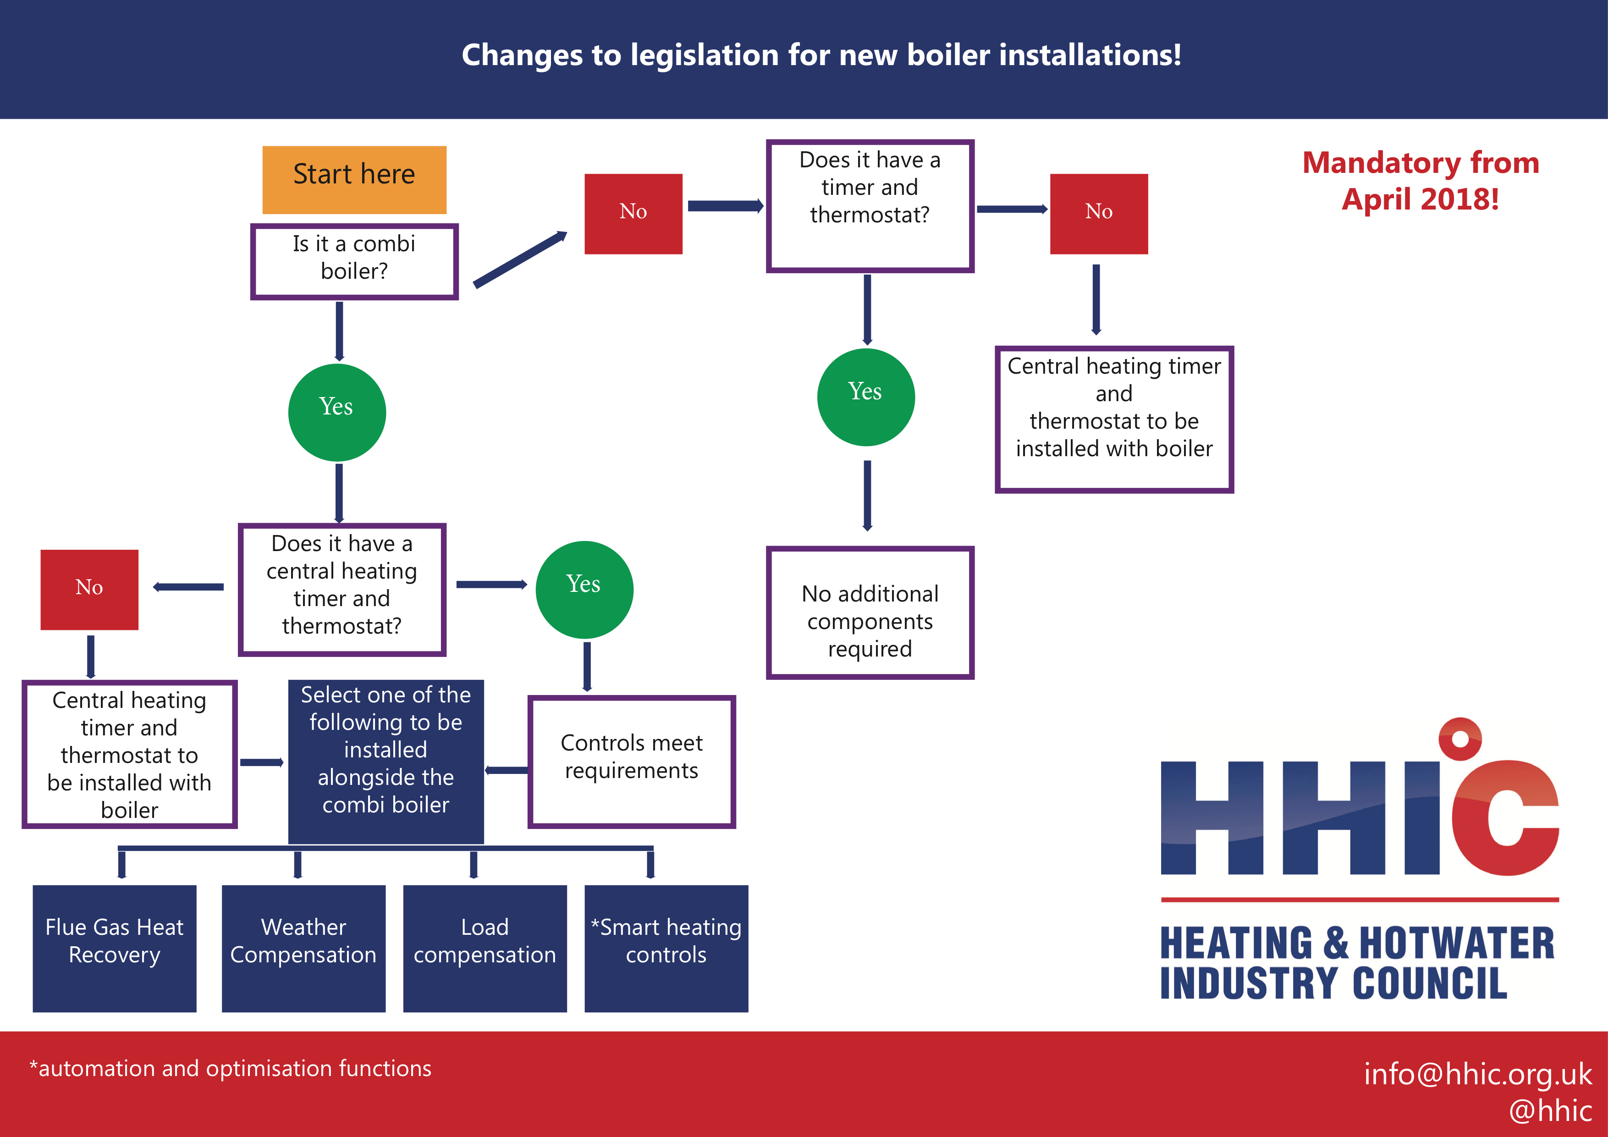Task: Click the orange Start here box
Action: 354,180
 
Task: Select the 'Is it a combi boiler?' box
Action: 354,262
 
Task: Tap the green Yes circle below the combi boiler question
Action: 337,413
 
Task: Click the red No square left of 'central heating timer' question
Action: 90,590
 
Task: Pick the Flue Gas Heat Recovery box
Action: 115,949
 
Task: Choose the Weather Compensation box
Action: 304,949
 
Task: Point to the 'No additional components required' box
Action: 870,613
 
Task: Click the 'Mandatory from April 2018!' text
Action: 1421,181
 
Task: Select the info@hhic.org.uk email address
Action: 1478,1074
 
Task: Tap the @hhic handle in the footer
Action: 1551,1111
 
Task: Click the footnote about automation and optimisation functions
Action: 231,1068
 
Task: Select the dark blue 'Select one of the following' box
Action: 386,762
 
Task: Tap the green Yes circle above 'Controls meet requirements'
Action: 585,590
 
